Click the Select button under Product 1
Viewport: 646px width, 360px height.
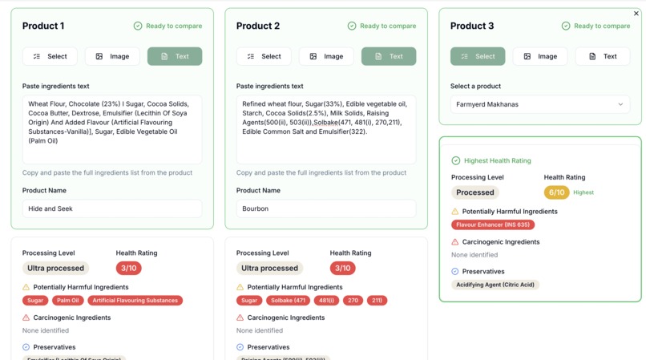[x=50, y=56]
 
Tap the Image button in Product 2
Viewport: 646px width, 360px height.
[x=326, y=56]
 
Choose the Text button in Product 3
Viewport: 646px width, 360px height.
[x=602, y=56]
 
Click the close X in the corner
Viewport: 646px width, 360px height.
[x=636, y=14]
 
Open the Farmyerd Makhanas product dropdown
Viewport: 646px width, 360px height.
[x=539, y=104]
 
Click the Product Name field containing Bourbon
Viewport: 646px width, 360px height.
[x=325, y=208]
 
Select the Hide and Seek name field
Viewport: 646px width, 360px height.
[x=111, y=208]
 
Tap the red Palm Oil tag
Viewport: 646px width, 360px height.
[x=68, y=301]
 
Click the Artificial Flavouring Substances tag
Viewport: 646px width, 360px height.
[x=135, y=301]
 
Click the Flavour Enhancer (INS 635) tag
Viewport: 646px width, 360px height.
[x=493, y=225]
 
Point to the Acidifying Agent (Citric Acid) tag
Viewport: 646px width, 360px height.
[x=495, y=285]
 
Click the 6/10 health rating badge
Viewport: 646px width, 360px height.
[x=556, y=192]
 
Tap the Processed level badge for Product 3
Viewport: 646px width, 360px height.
[x=474, y=192]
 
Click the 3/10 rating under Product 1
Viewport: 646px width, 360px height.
[x=128, y=268]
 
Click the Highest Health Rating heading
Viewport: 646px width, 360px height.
[x=497, y=160]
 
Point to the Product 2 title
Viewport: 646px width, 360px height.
[x=258, y=26]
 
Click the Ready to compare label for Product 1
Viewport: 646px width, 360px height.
[x=173, y=26]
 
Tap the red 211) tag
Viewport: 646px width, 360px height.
[x=377, y=301]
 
